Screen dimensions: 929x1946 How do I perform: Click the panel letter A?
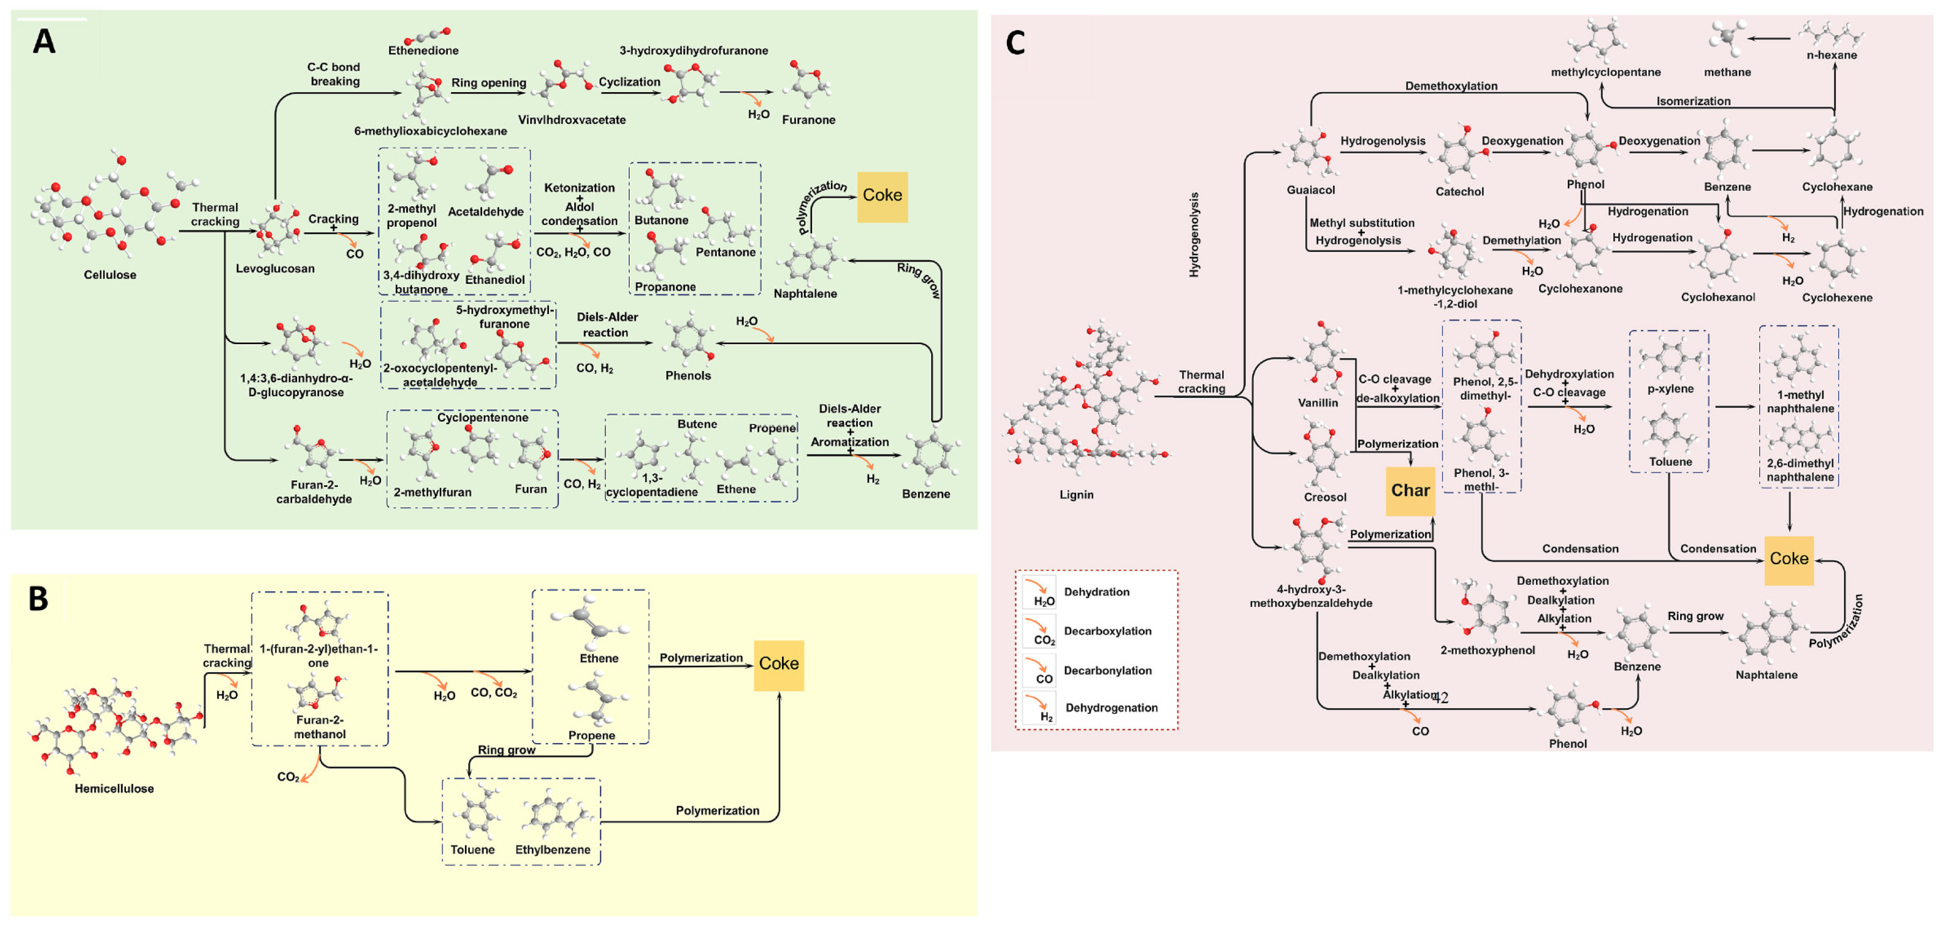44,41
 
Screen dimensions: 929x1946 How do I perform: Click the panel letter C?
1016,43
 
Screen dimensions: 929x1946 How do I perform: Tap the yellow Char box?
1409,491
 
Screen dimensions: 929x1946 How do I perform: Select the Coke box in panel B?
778,665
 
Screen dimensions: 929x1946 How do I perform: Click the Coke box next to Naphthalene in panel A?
882,196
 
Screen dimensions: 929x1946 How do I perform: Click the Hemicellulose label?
114,789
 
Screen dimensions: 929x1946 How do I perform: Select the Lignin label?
1076,495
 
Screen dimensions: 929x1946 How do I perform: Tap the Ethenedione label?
423,51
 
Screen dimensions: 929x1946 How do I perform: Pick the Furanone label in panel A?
808,120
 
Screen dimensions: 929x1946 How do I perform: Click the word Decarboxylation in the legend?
1106,632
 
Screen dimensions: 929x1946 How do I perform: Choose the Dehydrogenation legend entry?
1110,708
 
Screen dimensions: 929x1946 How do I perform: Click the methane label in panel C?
1727,73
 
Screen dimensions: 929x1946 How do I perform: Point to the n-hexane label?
1831,55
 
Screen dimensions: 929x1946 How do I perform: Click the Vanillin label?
1317,403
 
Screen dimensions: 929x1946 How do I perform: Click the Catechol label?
1459,192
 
